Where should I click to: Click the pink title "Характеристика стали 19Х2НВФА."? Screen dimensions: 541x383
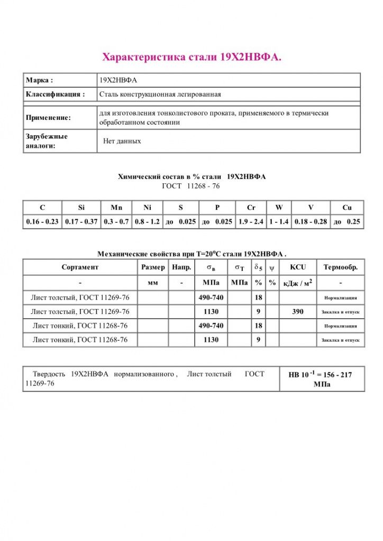click(x=191, y=57)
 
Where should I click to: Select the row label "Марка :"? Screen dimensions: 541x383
click(x=40, y=80)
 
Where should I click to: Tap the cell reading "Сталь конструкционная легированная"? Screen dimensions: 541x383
click(x=160, y=95)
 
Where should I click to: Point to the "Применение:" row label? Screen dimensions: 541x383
click(x=48, y=118)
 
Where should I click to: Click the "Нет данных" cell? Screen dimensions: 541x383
click(x=122, y=142)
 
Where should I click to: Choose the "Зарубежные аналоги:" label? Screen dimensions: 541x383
click(x=47, y=141)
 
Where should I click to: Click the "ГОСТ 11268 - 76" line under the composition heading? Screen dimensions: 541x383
click(x=191, y=186)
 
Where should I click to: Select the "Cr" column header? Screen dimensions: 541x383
click(x=251, y=208)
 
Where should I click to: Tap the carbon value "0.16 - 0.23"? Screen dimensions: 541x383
click(x=42, y=222)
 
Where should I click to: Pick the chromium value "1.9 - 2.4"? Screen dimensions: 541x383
click(x=251, y=222)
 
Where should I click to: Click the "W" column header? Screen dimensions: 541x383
click(x=279, y=208)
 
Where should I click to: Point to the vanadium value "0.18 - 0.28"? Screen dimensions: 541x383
click(x=311, y=222)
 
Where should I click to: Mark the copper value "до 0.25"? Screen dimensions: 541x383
click(x=346, y=222)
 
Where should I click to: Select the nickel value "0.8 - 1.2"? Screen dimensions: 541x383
click(x=147, y=222)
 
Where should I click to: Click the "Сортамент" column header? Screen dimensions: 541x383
click(x=80, y=267)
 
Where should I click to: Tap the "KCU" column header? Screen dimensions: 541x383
click(x=298, y=267)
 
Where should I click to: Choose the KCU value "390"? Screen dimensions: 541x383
click(x=298, y=312)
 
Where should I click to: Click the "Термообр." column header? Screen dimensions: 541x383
click(x=341, y=267)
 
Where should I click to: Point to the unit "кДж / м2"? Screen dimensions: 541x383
click(x=298, y=283)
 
